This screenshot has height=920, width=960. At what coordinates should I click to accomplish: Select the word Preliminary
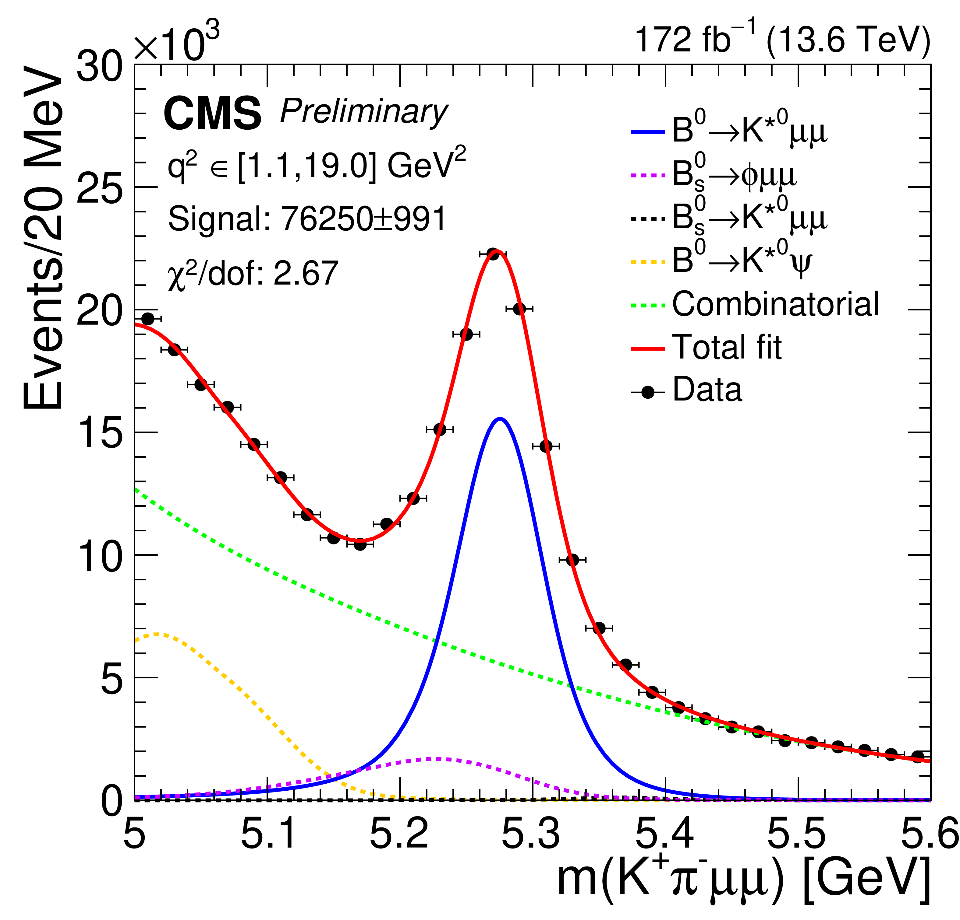coord(363,113)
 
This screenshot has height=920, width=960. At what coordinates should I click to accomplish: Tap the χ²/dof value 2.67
coord(306,273)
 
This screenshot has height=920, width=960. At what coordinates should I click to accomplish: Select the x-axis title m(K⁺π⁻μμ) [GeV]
coord(743,880)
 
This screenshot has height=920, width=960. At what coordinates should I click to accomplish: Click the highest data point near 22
coord(493,254)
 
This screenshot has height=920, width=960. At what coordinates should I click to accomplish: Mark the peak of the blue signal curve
coord(500,418)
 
